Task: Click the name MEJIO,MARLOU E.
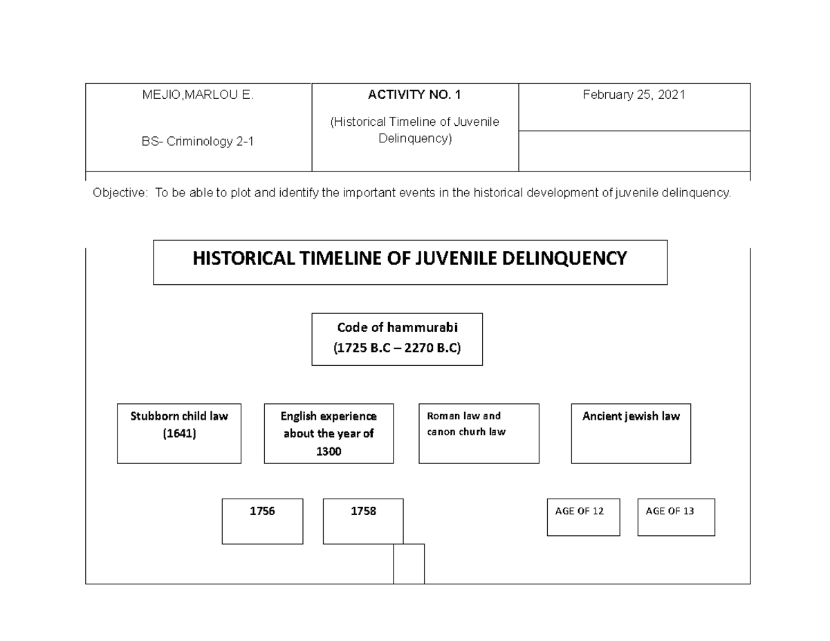coord(199,96)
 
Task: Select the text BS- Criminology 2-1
coord(198,143)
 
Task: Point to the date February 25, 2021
coord(634,95)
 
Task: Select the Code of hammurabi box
coord(397,339)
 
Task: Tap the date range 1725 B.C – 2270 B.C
coord(397,349)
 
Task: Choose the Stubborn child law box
coord(179,434)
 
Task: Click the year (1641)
coord(179,434)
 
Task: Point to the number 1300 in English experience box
coord(329,452)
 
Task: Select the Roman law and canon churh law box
coord(479,434)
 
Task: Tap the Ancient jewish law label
coord(631,416)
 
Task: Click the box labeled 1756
coord(262,521)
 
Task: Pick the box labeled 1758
coord(363,521)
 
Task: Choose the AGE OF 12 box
coord(583,517)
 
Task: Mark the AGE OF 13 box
coord(676,517)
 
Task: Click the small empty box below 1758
coord(409,564)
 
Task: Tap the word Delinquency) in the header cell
coord(414,139)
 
